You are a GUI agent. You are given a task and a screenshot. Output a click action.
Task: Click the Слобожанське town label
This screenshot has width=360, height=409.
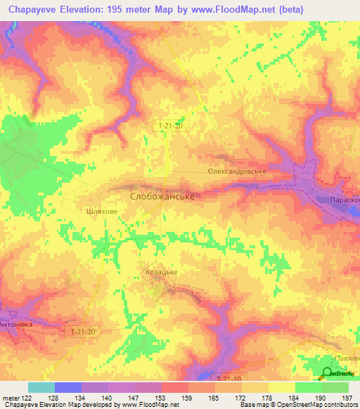pos(162,197)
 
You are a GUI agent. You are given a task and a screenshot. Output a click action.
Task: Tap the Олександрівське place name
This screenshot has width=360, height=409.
pos(236,171)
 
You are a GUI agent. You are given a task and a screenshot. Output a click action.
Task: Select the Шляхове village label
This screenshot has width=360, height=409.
pos(98,209)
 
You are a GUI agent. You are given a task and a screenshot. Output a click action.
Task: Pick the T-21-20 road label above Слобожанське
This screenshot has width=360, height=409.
pos(171,125)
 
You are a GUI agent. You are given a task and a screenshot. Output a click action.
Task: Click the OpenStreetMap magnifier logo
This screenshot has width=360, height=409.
pos(328,374)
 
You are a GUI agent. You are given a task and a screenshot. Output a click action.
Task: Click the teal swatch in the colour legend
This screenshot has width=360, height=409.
pos(41,387)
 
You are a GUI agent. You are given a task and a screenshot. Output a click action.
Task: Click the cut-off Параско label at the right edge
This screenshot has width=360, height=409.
pos(345,199)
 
